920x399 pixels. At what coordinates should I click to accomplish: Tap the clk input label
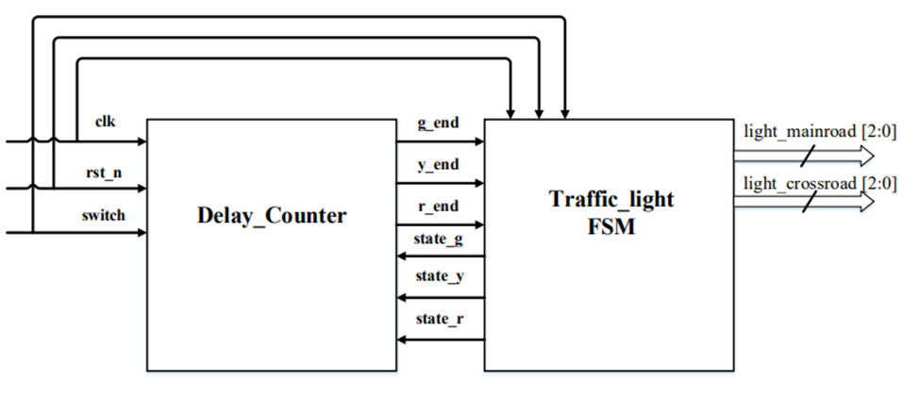[x=106, y=123]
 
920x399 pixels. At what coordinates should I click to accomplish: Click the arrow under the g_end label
[x=439, y=141]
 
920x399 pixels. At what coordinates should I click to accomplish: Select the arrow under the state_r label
[x=439, y=338]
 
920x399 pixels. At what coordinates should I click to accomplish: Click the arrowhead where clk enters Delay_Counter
[x=141, y=142]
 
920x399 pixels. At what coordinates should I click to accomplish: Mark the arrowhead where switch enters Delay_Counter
[x=141, y=231]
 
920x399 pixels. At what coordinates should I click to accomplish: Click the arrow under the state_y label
[x=439, y=297]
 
